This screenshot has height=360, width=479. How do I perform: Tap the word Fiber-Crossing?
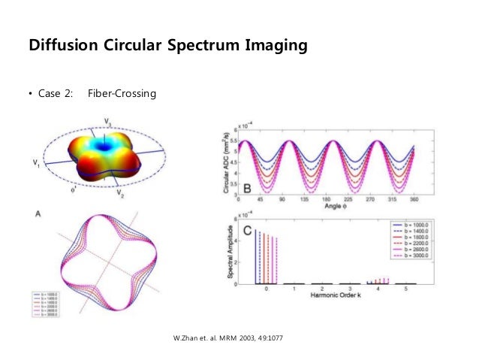pyautogui.click(x=121, y=94)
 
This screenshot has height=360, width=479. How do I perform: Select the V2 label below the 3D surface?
pyautogui.click(x=120, y=193)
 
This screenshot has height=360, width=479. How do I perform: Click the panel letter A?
pyautogui.click(x=38, y=215)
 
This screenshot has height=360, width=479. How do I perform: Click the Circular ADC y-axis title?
pyautogui.click(x=225, y=162)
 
